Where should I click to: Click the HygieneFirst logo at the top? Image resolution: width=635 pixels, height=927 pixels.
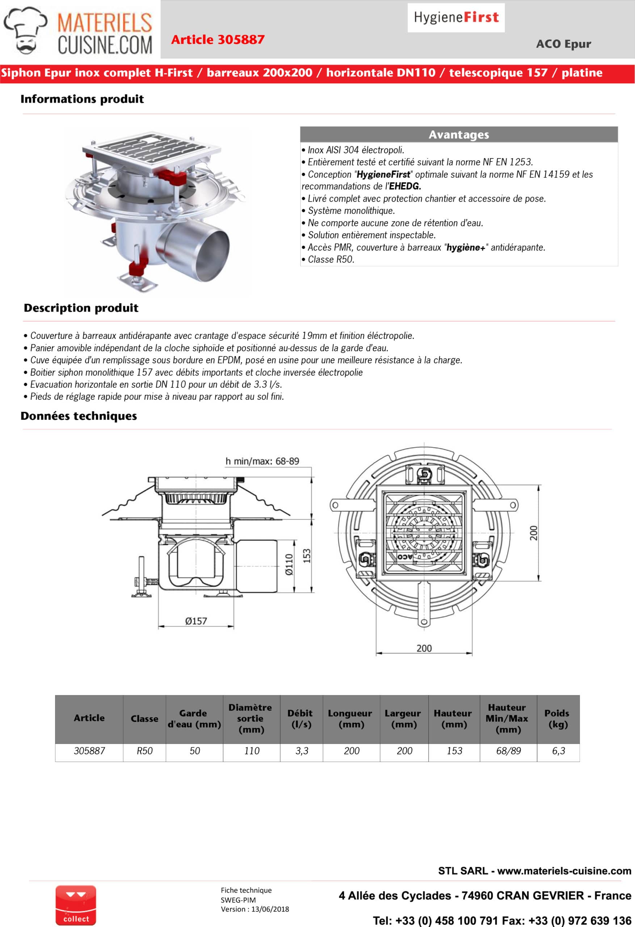pos(456,17)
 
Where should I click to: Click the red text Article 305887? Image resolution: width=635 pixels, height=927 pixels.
pos(218,39)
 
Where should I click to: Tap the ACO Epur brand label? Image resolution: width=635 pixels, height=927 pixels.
pos(563,44)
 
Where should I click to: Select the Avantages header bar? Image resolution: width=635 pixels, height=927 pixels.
pos(459,134)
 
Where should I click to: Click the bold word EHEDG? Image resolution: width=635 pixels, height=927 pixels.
pos(405,186)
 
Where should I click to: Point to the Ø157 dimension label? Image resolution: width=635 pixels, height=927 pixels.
pos(196,621)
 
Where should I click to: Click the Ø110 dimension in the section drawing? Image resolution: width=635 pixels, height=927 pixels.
pos(289,564)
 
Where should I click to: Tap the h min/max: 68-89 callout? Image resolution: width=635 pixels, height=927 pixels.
pos(262,461)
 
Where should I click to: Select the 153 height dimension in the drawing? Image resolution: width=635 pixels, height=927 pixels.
pos(306,555)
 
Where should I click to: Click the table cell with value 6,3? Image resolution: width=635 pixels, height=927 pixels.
pos(558,751)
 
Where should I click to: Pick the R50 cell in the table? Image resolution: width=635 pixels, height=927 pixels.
pos(144,751)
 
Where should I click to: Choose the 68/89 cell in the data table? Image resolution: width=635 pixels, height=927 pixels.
pos(508,751)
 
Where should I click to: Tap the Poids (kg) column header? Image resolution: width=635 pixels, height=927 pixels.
pos(558,718)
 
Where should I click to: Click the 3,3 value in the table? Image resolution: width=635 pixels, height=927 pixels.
pos(302,751)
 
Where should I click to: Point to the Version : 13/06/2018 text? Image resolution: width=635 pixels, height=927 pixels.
pos(255,909)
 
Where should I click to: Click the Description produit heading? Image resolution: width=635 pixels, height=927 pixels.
pos(81,308)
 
